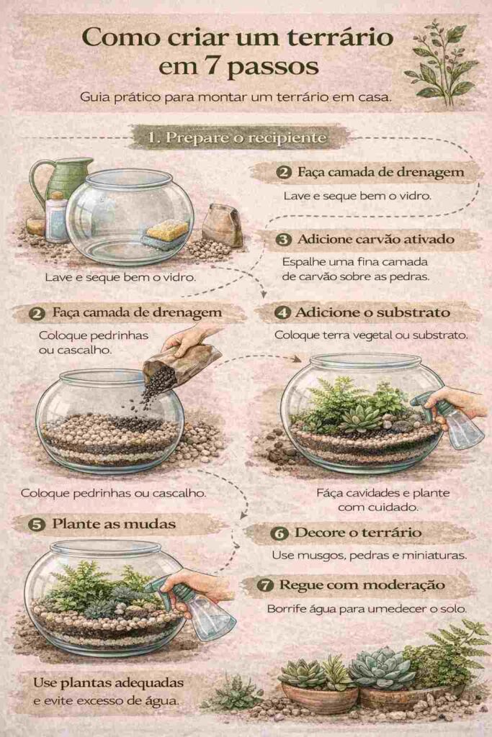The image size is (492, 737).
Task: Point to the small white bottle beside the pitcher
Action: (x=56, y=217)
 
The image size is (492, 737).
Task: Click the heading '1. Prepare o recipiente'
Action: (x=237, y=137)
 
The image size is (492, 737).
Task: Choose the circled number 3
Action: (x=283, y=240)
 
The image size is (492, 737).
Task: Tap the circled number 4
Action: (x=282, y=312)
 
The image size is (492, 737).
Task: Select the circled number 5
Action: (x=37, y=525)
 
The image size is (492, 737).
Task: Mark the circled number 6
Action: (x=279, y=533)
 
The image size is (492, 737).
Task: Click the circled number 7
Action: (x=265, y=586)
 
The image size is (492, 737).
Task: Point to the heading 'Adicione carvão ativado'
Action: (x=376, y=239)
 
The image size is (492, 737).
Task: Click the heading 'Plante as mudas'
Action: (x=114, y=524)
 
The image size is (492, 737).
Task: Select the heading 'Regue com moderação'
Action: (x=362, y=585)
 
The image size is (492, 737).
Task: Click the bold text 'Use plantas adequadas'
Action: (x=108, y=682)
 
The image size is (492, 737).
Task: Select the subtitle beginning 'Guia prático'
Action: (x=236, y=97)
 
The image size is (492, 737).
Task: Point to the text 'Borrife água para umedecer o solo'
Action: (x=367, y=609)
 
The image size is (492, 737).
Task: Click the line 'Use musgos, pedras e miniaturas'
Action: (x=370, y=556)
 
